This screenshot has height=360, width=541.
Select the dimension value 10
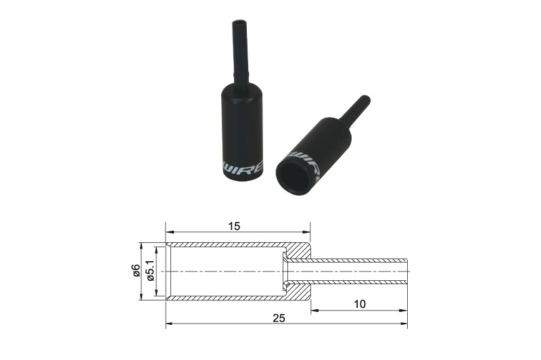359,304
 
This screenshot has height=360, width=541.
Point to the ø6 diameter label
136,271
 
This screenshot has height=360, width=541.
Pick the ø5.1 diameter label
151,271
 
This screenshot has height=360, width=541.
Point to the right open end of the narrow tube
406,271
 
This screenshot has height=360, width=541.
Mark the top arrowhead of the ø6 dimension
141,245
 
